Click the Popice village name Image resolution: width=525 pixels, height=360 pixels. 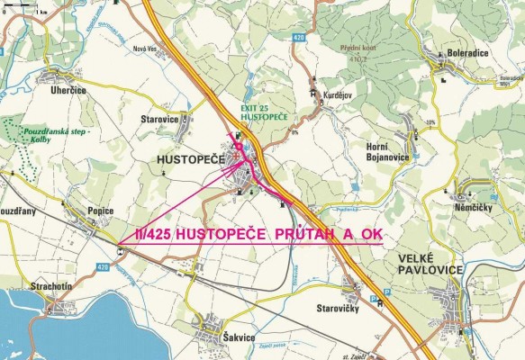100,211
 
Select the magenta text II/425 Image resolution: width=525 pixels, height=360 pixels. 152,234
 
